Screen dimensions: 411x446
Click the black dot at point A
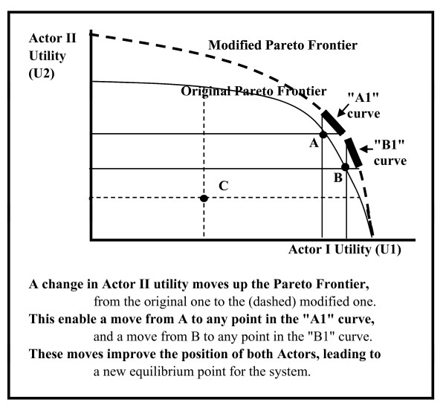tap(323, 135)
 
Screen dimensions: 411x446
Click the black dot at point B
tap(346, 167)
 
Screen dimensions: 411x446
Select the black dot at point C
tap(204, 198)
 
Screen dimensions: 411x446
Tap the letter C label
tap(223, 185)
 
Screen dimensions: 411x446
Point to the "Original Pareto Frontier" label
tap(253, 91)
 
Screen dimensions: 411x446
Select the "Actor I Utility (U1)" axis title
tap(345, 250)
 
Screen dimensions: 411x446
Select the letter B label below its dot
tap(337, 178)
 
